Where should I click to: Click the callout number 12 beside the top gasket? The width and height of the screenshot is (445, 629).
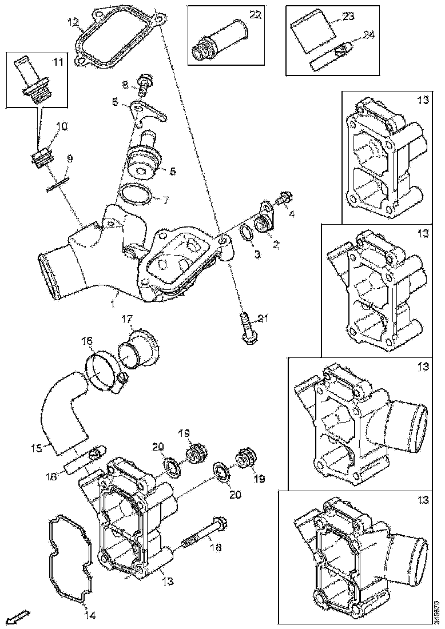[x=73, y=23]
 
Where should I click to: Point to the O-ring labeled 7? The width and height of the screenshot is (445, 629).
[x=136, y=194]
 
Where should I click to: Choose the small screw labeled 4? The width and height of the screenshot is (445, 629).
[x=283, y=200]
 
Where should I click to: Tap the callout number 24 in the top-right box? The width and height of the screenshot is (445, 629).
[x=369, y=34]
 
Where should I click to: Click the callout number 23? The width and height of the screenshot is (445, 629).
[x=349, y=17]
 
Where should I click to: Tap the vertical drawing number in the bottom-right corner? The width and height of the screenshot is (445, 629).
[x=438, y=612]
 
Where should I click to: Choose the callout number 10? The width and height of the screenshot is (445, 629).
[x=61, y=126]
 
